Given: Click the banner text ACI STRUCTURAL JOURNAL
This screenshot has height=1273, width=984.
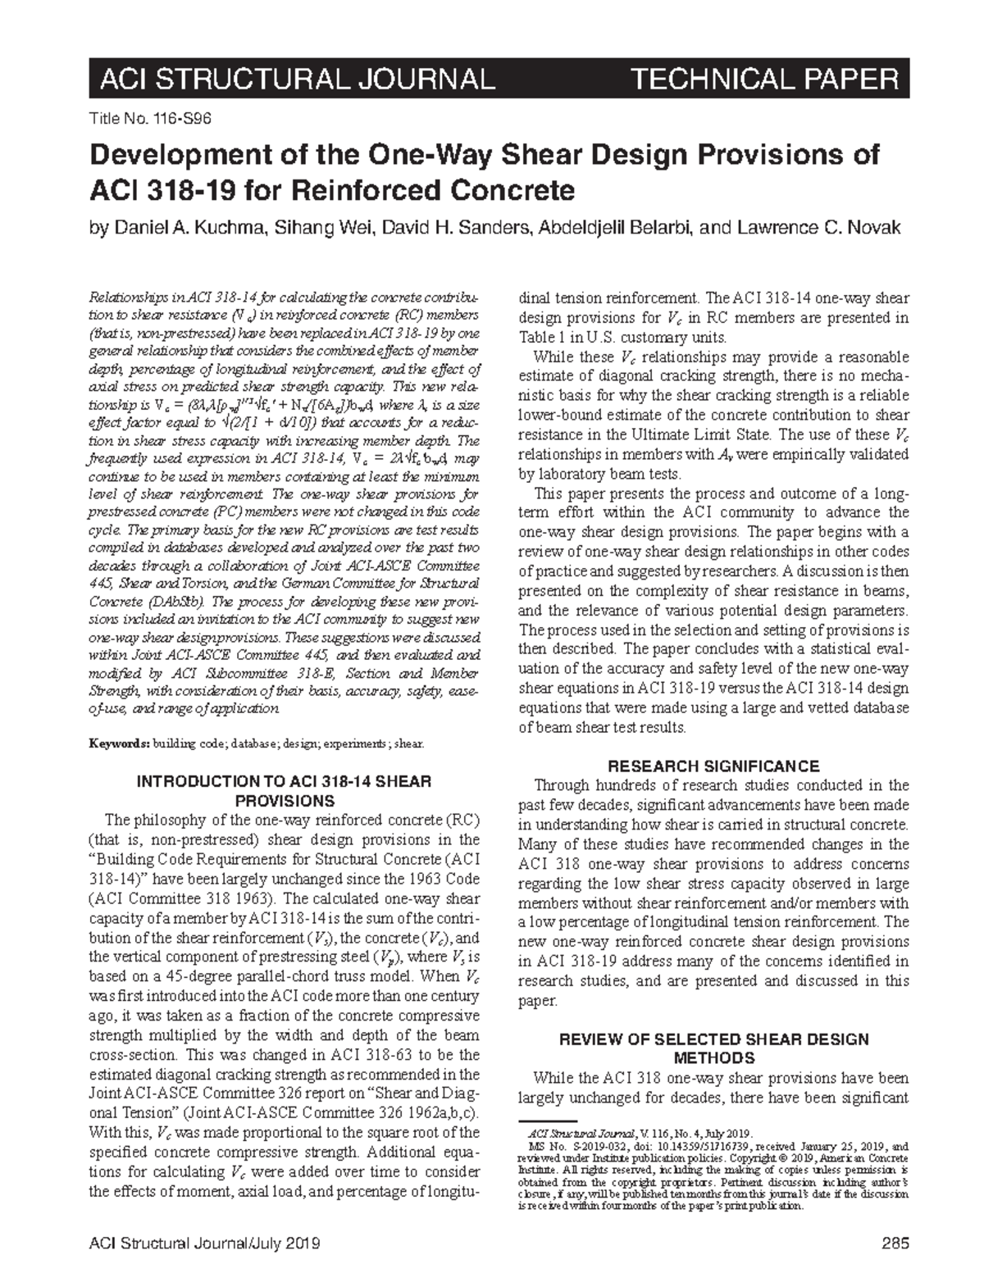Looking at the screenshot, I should tap(296, 80).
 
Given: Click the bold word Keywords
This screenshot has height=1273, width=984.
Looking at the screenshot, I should tap(117, 744).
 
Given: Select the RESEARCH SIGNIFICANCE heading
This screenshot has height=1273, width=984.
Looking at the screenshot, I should tap(713, 766).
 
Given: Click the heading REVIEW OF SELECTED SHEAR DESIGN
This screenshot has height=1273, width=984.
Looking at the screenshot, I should tap(713, 1039).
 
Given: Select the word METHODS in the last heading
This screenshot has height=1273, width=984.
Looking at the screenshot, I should tap(713, 1057).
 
